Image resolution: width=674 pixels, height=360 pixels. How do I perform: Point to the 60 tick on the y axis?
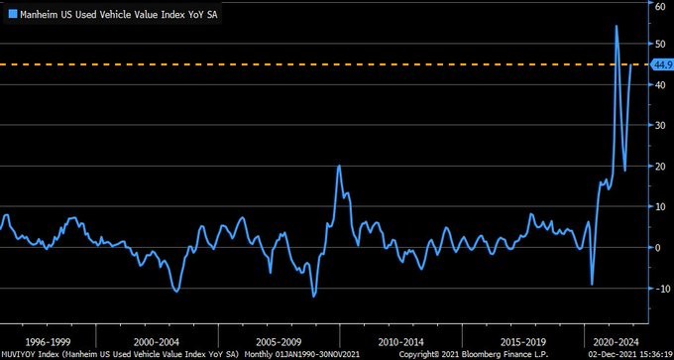click(658, 5)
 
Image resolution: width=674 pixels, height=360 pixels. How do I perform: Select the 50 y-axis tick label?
click(658, 45)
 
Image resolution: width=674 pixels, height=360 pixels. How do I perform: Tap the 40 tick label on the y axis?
click(658, 85)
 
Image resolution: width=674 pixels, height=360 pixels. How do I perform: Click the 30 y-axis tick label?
click(658, 126)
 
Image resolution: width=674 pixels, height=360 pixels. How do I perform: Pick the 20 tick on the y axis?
click(658, 167)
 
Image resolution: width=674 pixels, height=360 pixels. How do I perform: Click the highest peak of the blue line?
click(616, 26)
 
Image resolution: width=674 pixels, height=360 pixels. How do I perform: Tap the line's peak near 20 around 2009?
click(339, 166)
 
